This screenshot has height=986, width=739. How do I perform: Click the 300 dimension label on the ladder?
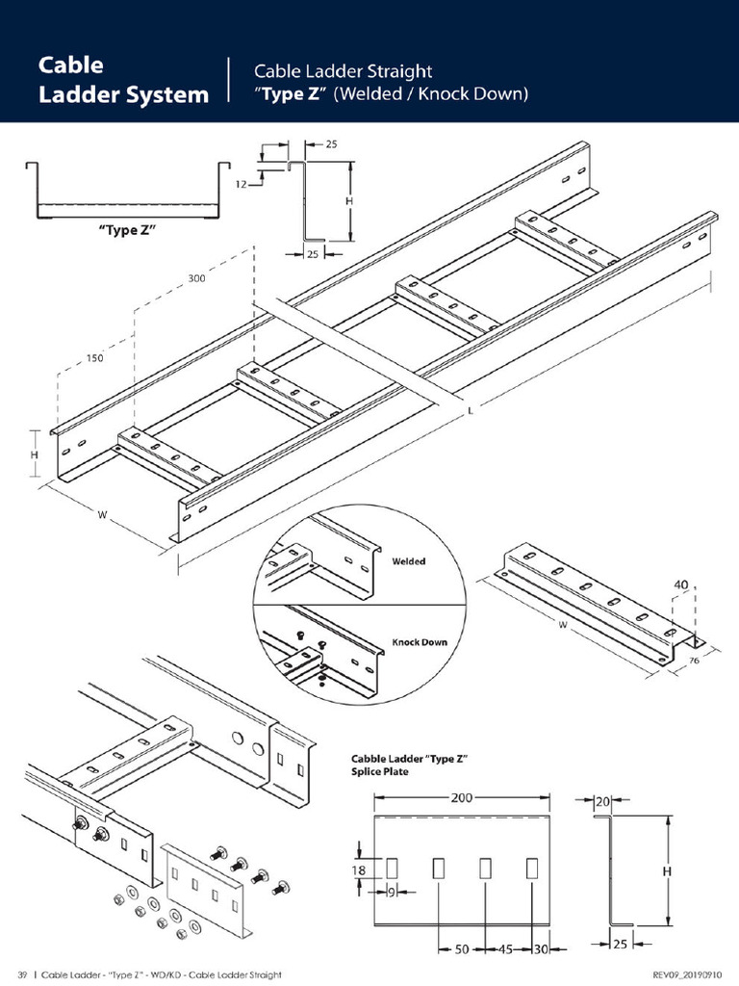tap(196, 278)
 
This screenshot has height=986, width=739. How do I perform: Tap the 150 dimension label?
tap(95, 358)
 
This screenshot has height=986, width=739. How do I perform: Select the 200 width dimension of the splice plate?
tap(461, 797)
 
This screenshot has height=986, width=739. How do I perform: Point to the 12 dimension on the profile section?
tap(242, 184)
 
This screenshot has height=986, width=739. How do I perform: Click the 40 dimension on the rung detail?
tap(680, 584)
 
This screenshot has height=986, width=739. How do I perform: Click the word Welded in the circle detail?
tap(408, 561)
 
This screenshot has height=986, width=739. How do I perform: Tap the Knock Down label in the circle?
tap(420, 642)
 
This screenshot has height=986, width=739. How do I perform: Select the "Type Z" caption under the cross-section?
tap(127, 230)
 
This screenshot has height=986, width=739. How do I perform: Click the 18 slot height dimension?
tap(358, 870)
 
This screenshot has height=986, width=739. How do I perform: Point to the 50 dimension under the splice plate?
tap(462, 948)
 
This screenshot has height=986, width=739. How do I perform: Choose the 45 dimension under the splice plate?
tap(506, 948)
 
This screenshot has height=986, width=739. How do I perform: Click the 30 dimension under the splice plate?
tap(541, 948)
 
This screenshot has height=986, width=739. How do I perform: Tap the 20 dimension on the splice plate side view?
tap(602, 802)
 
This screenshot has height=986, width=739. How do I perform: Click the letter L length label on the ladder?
tap(470, 411)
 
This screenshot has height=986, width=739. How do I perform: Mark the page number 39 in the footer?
tap(22, 974)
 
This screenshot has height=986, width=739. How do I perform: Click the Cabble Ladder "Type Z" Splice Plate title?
tap(410, 765)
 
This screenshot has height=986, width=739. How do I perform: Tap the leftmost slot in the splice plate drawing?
tap(392, 869)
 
